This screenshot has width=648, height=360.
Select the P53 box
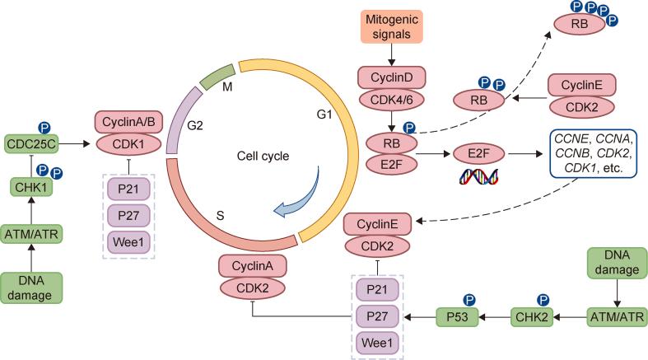(458, 317)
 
